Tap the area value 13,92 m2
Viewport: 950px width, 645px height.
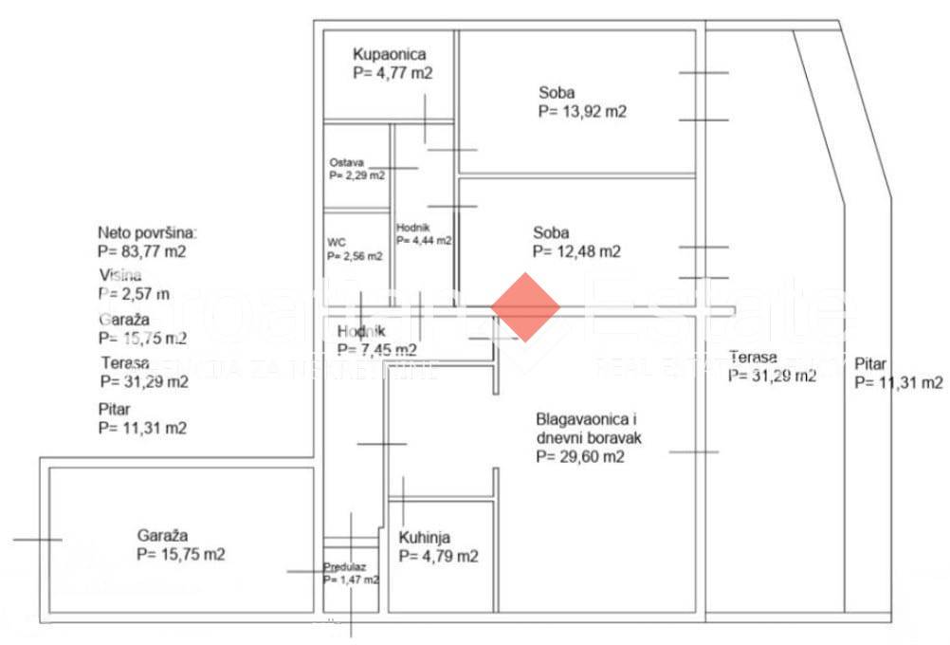(582, 111)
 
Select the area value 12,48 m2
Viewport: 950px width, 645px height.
(576, 251)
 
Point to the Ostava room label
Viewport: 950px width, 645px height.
(347, 162)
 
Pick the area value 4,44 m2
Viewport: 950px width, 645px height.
(424, 241)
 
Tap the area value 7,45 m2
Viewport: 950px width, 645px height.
(376, 349)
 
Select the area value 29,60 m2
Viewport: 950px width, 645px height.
(579, 456)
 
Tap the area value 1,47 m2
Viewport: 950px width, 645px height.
(351, 580)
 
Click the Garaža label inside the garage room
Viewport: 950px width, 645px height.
(162, 535)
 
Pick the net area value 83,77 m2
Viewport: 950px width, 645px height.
(141, 251)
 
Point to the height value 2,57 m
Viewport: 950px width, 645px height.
(134, 294)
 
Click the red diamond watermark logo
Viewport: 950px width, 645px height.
(525, 307)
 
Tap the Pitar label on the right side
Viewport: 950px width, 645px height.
(870, 363)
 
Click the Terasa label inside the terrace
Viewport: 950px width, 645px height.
(754, 358)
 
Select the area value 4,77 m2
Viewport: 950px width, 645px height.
(392, 73)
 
